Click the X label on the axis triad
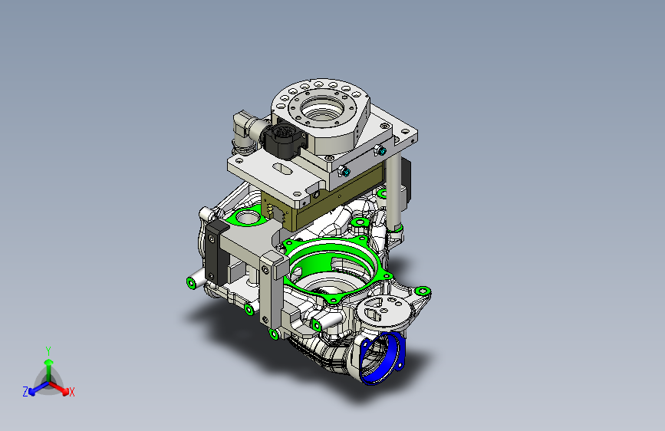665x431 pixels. click(x=72, y=393)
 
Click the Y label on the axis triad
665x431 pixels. click(x=48, y=351)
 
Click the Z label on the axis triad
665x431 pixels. click(x=25, y=392)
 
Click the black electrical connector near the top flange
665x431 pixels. click(x=283, y=138)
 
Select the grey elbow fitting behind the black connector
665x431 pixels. click(x=245, y=130)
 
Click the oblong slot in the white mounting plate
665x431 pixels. click(x=283, y=169)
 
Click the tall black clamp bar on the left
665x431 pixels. click(x=215, y=253)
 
